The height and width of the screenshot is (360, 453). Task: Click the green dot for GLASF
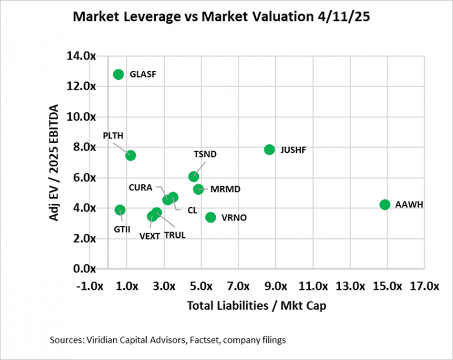pos(118,74)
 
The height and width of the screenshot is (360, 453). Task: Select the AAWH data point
pos(385,204)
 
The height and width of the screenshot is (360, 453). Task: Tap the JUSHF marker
pos(270,149)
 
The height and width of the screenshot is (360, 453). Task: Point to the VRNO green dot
pos(211,217)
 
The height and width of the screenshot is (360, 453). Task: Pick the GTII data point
pos(120,210)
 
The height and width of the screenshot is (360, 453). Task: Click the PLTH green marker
pos(130,155)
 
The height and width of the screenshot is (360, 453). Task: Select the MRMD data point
pos(198,189)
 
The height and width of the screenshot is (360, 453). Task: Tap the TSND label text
pos(205,154)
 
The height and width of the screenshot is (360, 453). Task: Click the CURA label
pos(140,187)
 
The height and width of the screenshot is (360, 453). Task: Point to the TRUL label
pos(176,235)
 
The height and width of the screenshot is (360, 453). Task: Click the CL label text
pos(192,210)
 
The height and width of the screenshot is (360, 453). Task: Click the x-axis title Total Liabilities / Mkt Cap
pos(256,306)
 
